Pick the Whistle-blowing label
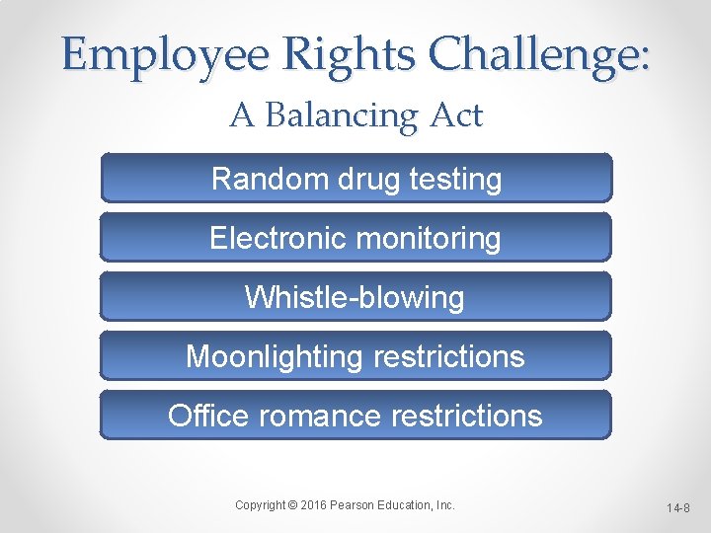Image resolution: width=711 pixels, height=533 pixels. pyautogui.click(x=355, y=297)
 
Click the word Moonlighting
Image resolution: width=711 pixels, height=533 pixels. pyautogui.click(x=274, y=356)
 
